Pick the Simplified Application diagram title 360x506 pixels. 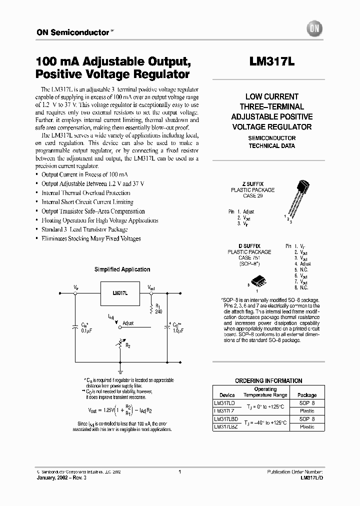coord(122,269)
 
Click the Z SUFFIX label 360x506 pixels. coord(252,184)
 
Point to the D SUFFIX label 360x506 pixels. coord(252,246)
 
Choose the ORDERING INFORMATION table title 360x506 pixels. coord(268,380)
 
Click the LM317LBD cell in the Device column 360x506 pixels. coord(225,418)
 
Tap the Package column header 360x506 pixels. coord(307,394)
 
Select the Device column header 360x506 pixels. coord(227,394)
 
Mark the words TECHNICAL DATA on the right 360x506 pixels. coord(271,146)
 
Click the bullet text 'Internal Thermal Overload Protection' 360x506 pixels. coord(86,193)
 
